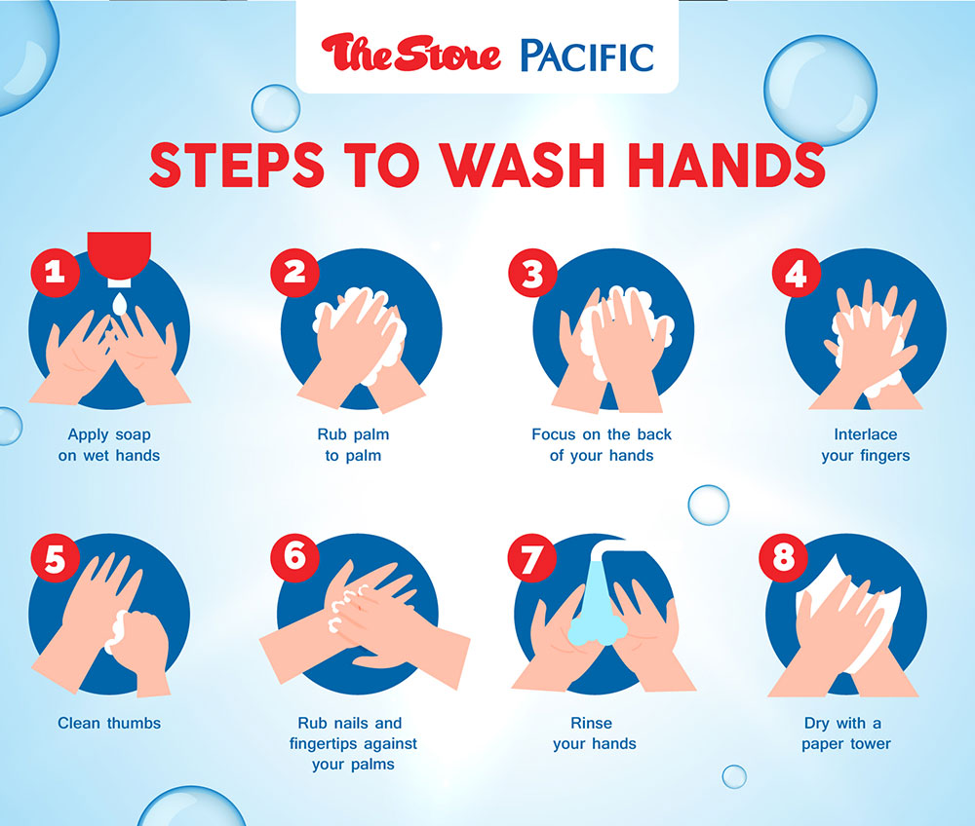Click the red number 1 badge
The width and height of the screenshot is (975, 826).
pyautogui.click(x=56, y=272)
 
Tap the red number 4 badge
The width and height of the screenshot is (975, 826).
pyautogui.click(x=797, y=272)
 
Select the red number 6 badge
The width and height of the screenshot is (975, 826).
pyautogui.click(x=294, y=557)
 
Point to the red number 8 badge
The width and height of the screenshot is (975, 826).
pyautogui.click(x=784, y=557)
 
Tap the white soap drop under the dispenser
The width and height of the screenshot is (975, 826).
pyautogui.click(x=119, y=303)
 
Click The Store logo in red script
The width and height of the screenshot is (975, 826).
pyautogui.click(x=411, y=54)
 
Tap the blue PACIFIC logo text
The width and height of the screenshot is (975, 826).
pyautogui.click(x=587, y=56)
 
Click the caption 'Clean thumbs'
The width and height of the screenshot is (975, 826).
pyautogui.click(x=109, y=723)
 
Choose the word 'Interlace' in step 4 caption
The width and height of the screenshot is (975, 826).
pyautogui.click(x=866, y=434)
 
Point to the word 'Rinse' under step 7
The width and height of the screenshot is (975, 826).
pyautogui.click(x=592, y=723)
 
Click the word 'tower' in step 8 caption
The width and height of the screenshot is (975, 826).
pyautogui.click(x=870, y=743)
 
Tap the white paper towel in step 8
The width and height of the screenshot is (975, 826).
pyautogui.click(x=853, y=615)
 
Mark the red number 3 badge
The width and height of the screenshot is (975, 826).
pyautogui.click(x=533, y=272)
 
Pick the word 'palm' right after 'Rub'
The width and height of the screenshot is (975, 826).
pyautogui.click(x=371, y=434)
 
